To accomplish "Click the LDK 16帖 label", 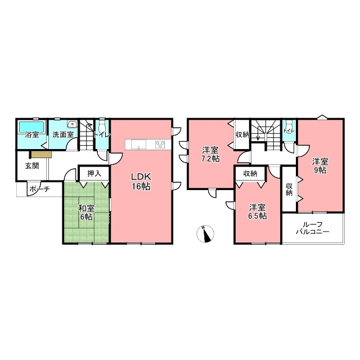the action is pyautogui.click(x=141, y=181).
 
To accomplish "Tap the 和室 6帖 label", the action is pyautogui.click(x=86, y=213).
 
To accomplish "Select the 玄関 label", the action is pyautogui.click(x=32, y=166).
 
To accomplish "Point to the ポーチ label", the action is pyautogui.click(x=40, y=189).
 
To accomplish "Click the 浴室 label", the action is pyautogui.click(x=32, y=134).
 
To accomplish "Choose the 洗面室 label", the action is pyautogui.click(x=63, y=134).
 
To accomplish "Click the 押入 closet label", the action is pyautogui.click(x=94, y=174).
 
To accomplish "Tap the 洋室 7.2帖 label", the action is pyautogui.click(x=210, y=155).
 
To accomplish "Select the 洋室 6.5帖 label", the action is pyautogui.click(x=258, y=211).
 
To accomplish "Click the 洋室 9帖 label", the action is pyautogui.click(x=320, y=166).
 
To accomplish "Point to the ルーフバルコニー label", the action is pyautogui.click(x=313, y=228).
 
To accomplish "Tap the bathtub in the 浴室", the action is pyautogui.click(x=31, y=127).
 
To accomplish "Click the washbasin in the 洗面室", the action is pyautogui.click(x=73, y=124).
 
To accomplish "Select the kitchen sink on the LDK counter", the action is pyautogui.click(x=138, y=145).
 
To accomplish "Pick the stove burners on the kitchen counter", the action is pyautogui.click(x=160, y=145).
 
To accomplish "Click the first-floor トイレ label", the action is pyautogui.click(x=102, y=135).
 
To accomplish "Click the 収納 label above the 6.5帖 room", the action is pyautogui.click(x=250, y=174).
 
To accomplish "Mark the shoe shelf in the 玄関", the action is pyautogui.click(x=41, y=155).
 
